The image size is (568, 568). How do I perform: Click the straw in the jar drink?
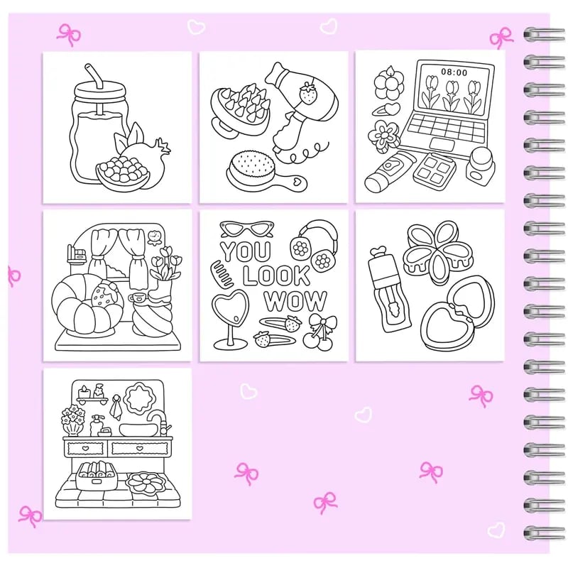pos(91,78)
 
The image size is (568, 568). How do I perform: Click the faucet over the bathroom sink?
pos(157,420)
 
